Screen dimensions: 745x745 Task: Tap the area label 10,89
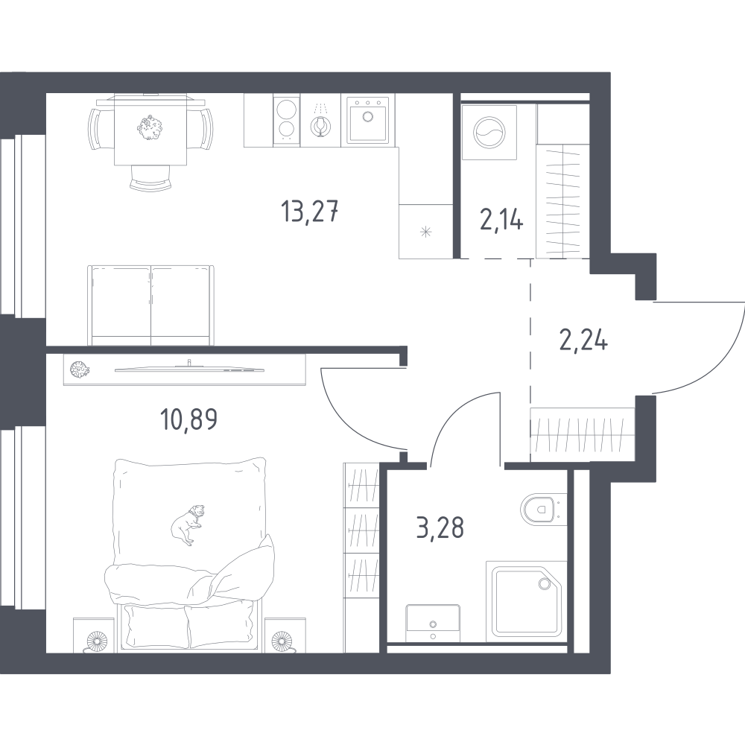189,421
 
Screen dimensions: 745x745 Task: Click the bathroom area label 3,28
440,527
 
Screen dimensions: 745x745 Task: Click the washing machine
484,132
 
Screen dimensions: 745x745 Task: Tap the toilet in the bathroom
541,510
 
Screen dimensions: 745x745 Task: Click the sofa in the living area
151,304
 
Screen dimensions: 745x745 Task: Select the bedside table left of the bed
95,637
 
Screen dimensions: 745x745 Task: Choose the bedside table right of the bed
282,637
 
